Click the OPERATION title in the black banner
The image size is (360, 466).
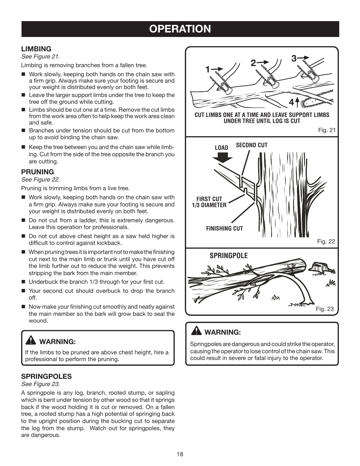(180, 29)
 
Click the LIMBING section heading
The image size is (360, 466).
(36, 49)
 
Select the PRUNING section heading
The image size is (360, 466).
(37, 172)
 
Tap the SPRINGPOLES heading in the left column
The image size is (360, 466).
(46, 376)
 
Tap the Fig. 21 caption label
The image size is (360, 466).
(326, 130)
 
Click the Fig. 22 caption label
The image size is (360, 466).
(326, 241)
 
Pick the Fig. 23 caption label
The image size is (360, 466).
(325, 309)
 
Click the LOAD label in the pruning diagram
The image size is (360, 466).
(222, 148)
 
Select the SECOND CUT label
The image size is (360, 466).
(252, 145)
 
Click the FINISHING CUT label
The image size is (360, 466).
(225, 228)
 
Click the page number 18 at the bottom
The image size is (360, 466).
(180, 454)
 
